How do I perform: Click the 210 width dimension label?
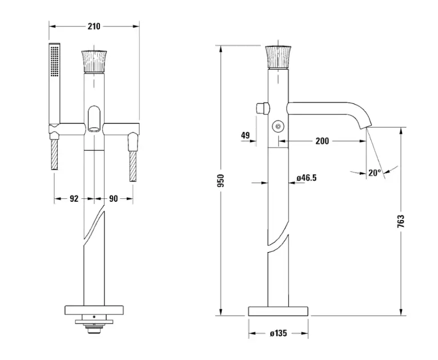tap(94, 26)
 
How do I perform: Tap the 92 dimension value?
tap(74, 199)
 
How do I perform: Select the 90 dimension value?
tap(113, 199)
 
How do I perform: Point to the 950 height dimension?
tap(220, 181)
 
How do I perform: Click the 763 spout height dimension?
tap(400, 221)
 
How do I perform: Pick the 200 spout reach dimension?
tap(322, 141)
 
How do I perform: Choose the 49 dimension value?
tap(245, 135)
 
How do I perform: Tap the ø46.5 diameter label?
tap(307, 178)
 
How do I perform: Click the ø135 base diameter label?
tap(278, 333)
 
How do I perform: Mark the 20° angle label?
tap(374, 173)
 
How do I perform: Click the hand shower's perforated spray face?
tap(55, 61)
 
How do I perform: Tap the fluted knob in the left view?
tap(94, 62)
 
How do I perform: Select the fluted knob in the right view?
tap(278, 57)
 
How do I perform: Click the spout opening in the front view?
tap(94, 129)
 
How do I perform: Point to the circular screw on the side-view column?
tap(278, 126)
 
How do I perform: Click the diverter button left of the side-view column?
tap(263, 108)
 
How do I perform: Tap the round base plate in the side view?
tap(278, 311)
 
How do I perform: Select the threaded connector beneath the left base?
tap(94, 330)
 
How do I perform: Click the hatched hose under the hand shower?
tap(54, 154)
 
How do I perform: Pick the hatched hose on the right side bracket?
tap(132, 166)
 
